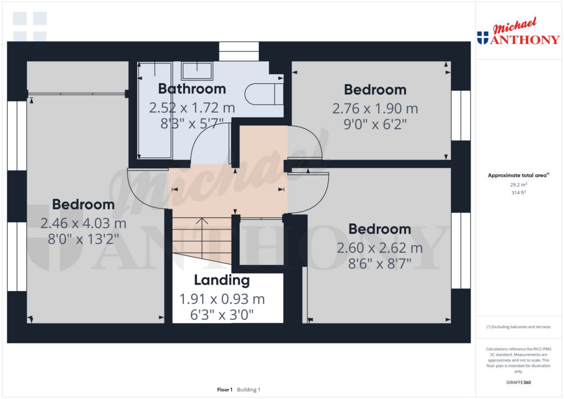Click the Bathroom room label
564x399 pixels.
point(192,89)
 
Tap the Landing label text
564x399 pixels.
point(222,280)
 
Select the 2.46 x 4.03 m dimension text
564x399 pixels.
point(83,223)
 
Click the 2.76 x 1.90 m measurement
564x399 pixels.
point(375,108)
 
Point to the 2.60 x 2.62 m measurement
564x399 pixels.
point(379,248)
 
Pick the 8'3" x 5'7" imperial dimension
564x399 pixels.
point(192,124)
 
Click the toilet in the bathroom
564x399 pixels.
point(263,94)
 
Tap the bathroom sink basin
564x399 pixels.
point(197,71)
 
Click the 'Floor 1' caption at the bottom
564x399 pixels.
point(225,390)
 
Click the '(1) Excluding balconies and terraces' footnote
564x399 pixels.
point(518,327)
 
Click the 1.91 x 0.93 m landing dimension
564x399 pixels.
point(222,299)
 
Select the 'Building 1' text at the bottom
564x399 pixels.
point(248,390)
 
